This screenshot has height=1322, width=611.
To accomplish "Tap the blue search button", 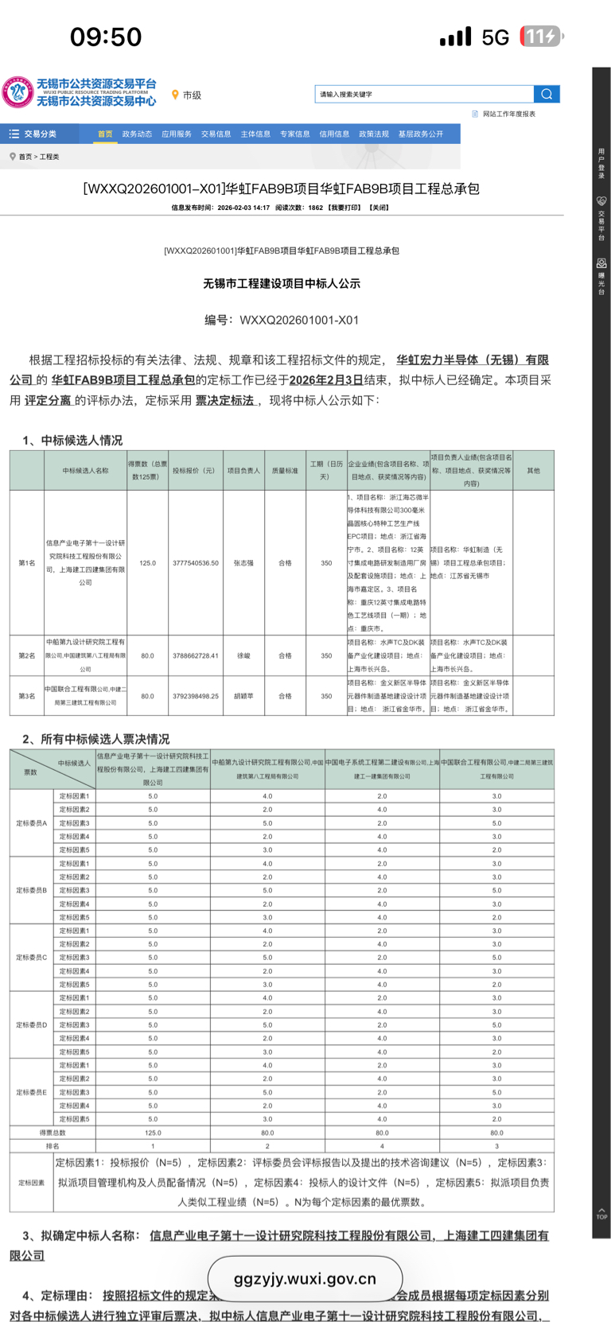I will click(x=547, y=94).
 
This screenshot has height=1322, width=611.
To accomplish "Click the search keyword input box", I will click(x=423, y=94).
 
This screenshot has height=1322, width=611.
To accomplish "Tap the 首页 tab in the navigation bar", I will click(x=105, y=134).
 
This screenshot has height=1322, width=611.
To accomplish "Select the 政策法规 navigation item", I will click(x=374, y=134).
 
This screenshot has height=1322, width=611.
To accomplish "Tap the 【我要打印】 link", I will click(x=344, y=208).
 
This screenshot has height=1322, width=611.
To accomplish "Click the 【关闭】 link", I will click(x=379, y=208).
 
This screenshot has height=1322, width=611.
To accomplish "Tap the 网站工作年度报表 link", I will click(x=508, y=114).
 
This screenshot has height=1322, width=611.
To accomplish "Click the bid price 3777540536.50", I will click(x=196, y=563).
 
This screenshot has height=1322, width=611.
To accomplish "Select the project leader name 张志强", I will click(x=243, y=563).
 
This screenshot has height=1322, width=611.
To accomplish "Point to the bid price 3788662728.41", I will click(x=196, y=656).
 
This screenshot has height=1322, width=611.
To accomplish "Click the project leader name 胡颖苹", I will click(x=243, y=696).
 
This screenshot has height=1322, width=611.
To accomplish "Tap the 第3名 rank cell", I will click(x=27, y=696).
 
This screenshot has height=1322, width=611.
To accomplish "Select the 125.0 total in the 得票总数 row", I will click(x=153, y=1133).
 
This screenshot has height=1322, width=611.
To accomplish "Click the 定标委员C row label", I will click(x=32, y=958).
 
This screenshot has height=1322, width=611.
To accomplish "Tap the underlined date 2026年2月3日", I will click(x=326, y=380).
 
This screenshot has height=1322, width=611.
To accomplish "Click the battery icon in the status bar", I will click(x=541, y=37).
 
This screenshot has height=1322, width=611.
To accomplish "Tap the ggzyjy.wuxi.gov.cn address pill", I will click(x=305, y=1279).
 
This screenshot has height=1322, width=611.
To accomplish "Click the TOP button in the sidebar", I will click(x=601, y=1214).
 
